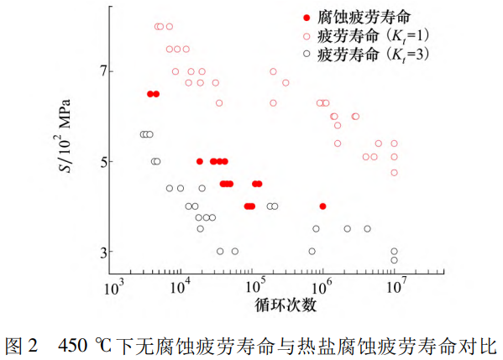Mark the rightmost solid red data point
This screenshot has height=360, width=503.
322,206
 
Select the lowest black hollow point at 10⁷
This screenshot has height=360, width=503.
394,260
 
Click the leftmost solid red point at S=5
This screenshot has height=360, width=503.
200,161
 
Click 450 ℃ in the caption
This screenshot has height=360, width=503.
87,344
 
